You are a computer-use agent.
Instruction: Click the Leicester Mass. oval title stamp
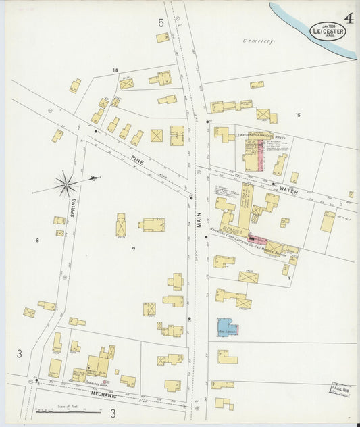click(x=328, y=30)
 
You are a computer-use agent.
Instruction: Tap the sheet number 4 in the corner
click(x=349, y=18)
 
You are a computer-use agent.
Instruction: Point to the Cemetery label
click(x=259, y=41)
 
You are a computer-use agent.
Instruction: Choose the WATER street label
click(x=288, y=191)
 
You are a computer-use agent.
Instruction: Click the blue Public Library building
click(x=228, y=328)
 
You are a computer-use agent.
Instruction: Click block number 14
click(x=115, y=70)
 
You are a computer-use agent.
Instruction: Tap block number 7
click(x=133, y=249)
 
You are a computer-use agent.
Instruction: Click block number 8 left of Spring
click(x=38, y=239)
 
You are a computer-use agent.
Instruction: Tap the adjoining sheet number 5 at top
click(x=161, y=23)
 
